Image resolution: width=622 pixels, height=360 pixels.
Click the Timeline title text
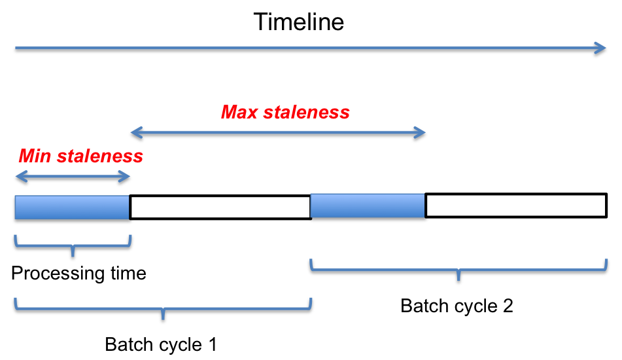299,22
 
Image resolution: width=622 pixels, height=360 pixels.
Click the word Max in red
239,113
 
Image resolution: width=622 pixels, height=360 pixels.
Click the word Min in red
35,156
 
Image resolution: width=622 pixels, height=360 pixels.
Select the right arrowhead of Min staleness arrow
126,177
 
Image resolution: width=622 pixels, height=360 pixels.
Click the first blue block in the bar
72,207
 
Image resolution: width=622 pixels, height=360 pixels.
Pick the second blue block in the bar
368,206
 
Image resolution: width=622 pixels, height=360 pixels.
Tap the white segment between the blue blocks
220,207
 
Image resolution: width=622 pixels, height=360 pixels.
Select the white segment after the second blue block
517,206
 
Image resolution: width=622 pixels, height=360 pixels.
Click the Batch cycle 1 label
161,344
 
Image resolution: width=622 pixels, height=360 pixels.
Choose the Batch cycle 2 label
457,306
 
